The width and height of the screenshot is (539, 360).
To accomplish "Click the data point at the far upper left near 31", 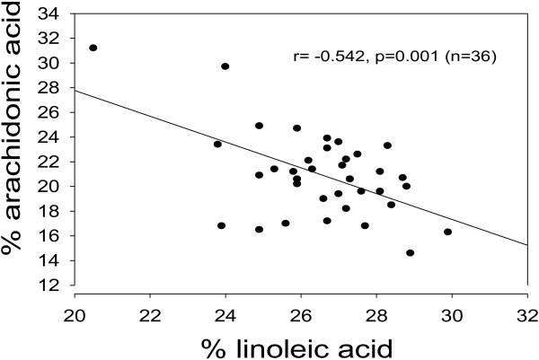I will [93, 48].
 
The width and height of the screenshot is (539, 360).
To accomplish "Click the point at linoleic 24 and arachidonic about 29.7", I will [225, 66].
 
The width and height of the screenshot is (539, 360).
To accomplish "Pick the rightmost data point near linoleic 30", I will [448, 232].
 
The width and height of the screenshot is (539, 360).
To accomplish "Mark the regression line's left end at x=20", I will [75, 90].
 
